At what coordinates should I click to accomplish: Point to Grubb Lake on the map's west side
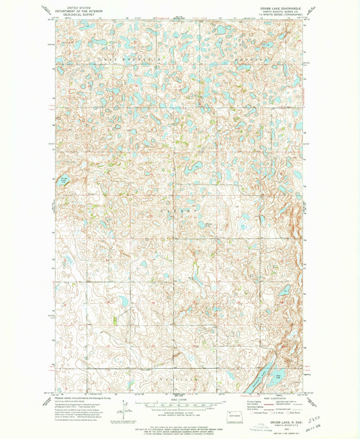pyautogui.click(x=64, y=180)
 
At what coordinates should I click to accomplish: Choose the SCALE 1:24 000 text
pyautogui.click(x=180, y=397)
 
